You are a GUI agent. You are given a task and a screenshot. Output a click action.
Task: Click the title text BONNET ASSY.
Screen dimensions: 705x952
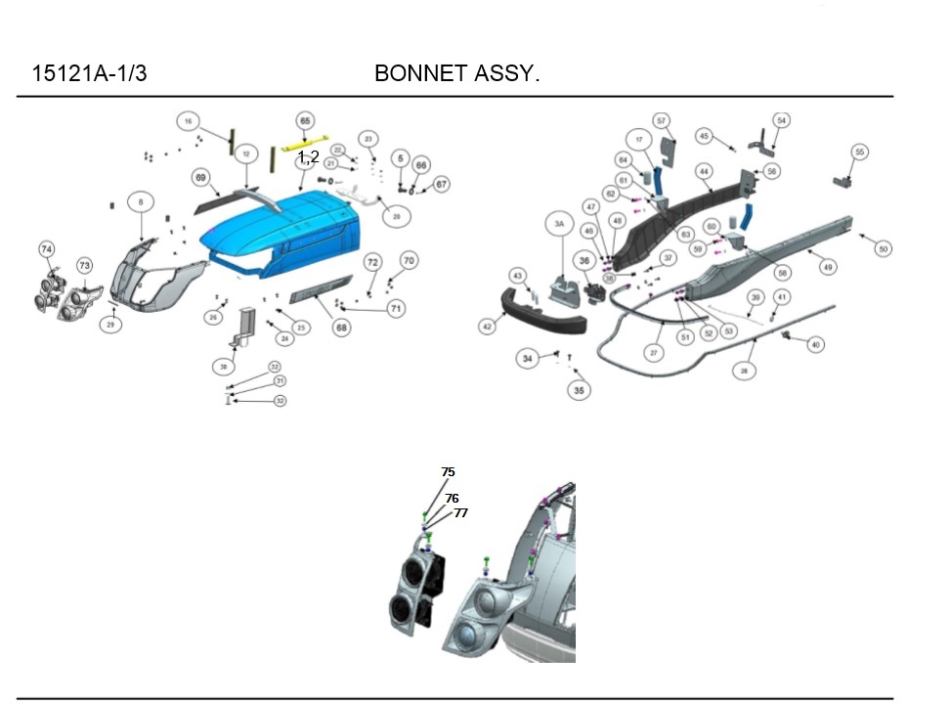(x=456, y=73)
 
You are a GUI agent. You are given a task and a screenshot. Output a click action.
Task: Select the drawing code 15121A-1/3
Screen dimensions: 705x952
(x=90, y=73)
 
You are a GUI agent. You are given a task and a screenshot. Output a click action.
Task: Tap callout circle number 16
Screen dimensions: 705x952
(x=189, y=121)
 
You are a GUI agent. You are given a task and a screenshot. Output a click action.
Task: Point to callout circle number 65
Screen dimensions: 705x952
(x=305, y=120)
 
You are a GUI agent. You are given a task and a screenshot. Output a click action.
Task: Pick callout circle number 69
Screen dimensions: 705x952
(x=200, y=178)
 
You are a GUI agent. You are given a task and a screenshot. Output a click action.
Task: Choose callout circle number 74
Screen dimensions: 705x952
(x=47, y=250)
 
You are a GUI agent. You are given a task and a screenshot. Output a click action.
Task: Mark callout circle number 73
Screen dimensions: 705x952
(x=85, y=265)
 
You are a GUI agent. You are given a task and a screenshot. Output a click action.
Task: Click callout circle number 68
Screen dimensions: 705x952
(x=341, y=328)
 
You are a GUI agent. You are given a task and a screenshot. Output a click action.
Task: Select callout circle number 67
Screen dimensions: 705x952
(x=441, y=184)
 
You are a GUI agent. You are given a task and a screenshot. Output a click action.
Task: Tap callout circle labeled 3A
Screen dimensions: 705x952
(x=560, y=224)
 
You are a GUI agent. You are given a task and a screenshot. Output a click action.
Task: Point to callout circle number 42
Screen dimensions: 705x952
(x=488, y=327)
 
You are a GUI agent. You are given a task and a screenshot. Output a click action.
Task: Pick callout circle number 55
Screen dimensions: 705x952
(x=859, y=153)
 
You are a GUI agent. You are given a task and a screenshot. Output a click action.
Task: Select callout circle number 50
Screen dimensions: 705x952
(x=883, y=249)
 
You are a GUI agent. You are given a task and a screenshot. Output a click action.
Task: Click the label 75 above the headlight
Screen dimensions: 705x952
(x=448, y=472)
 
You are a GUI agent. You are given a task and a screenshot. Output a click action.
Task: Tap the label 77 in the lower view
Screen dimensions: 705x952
(x=460, y=512)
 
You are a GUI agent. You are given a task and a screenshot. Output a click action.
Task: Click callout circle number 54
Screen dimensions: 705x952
(x=781, y=119)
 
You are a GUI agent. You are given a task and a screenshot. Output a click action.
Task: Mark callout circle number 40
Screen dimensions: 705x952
(x=816, y=344)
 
